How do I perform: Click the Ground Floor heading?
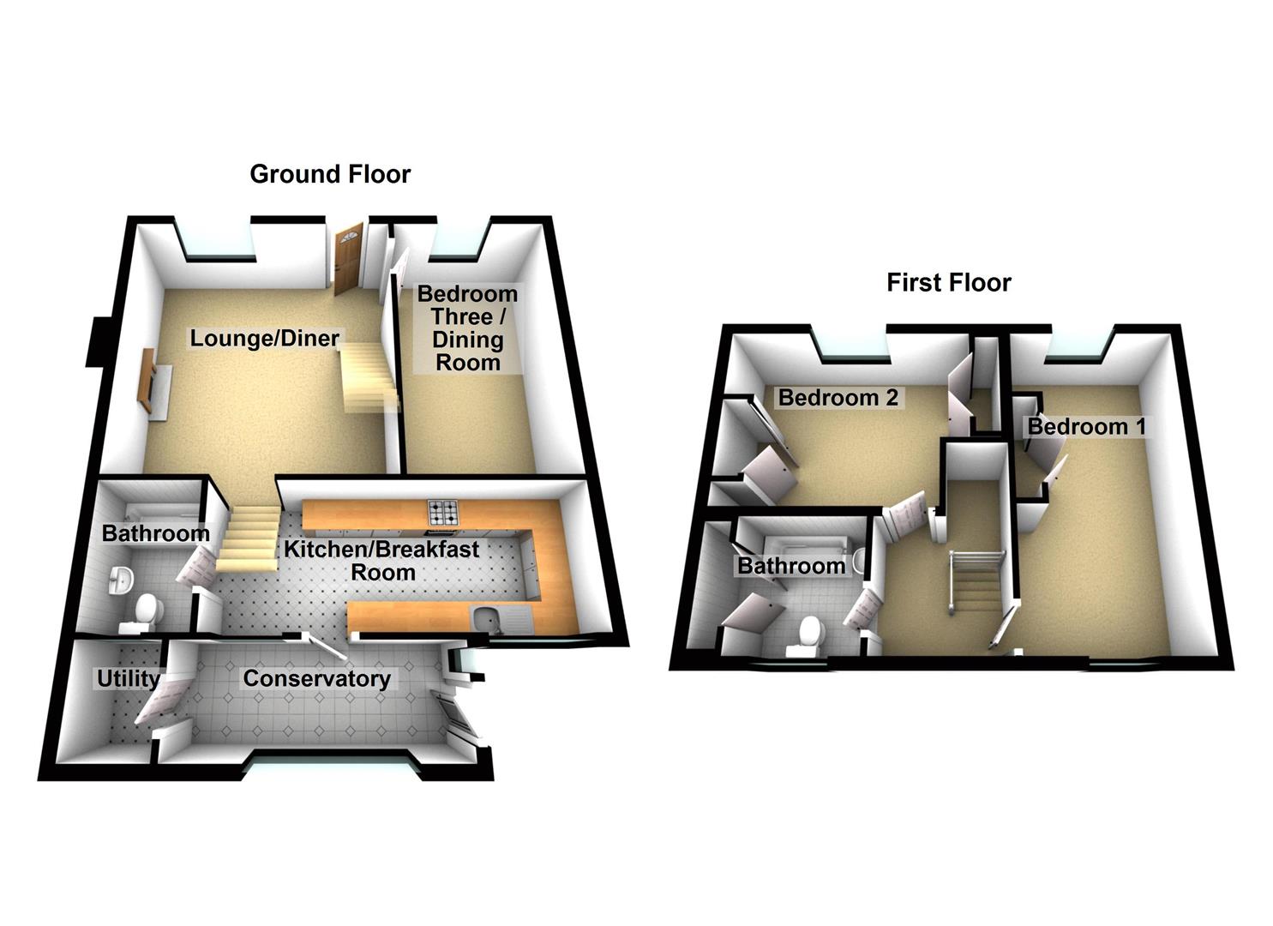[330, 174]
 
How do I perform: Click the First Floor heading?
[948, 283]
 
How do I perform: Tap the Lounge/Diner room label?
[264, 338]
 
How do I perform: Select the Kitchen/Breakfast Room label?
[382, 561]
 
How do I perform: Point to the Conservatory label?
[316, 678]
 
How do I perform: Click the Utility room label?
[129, 679]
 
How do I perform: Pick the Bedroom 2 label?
[838, 397]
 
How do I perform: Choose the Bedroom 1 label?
[1087, 426]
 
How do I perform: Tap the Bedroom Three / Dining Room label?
[467, 328]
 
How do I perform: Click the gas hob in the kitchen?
[442, 512]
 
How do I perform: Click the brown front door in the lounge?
[348, 259]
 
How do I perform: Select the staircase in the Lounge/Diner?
[369, 376]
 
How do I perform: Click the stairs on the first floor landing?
[976, 588]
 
